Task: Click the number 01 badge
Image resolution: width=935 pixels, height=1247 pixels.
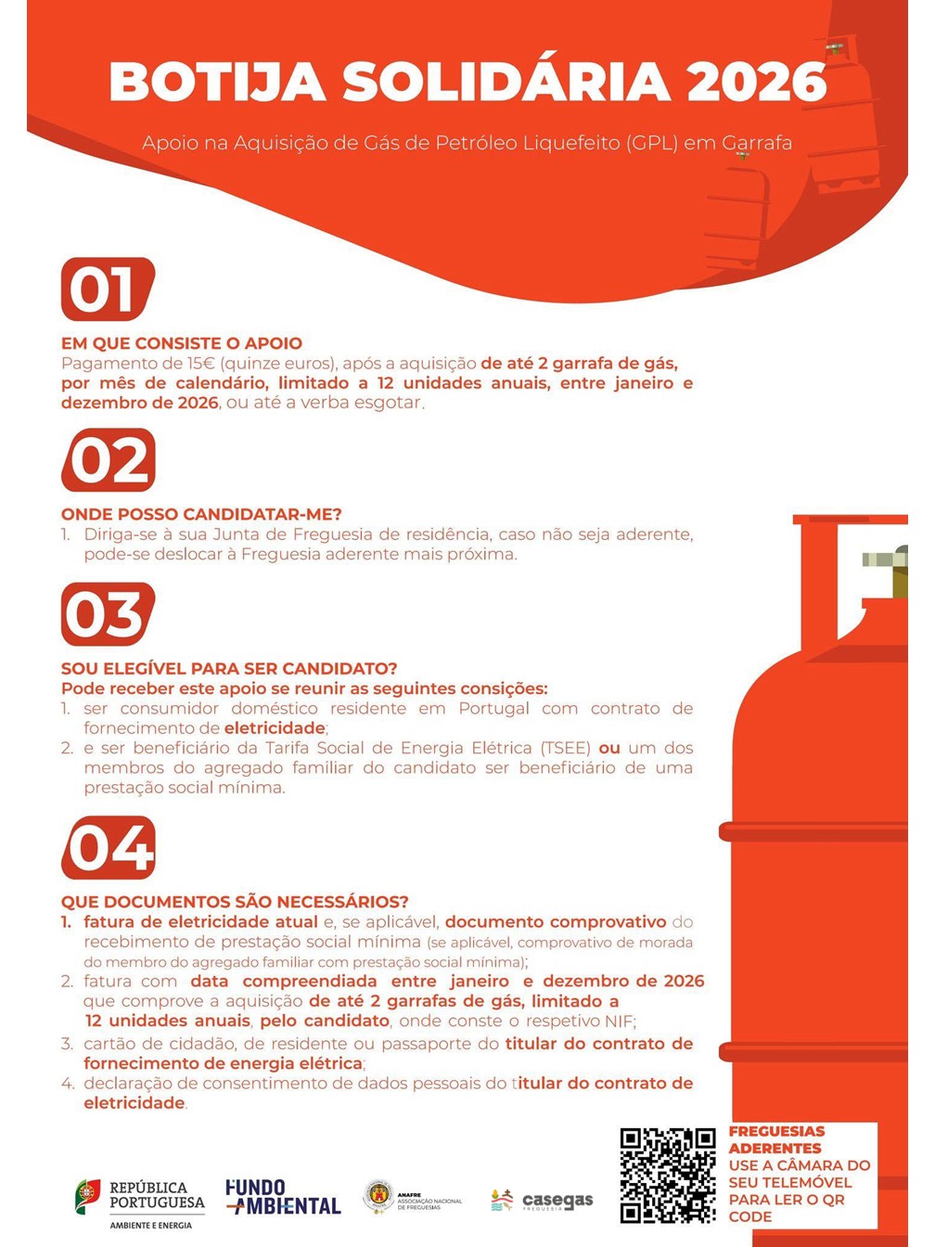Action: point(108,289)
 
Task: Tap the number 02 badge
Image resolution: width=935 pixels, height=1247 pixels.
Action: point(108,459)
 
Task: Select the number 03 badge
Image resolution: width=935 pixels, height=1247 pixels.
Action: point(108,614)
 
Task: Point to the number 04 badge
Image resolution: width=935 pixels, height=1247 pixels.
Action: point(108,848)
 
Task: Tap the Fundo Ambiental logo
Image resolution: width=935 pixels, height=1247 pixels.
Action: point(283,1197)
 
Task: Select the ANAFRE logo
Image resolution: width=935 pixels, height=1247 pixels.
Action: point(412,1197)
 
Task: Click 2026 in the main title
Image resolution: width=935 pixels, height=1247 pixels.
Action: point(756,82)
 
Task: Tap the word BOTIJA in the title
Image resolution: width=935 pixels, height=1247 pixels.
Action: point(217,82)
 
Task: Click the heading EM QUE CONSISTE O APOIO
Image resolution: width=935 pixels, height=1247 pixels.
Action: point(182,343)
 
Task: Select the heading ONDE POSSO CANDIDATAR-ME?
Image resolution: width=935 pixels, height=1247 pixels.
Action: point(201,514)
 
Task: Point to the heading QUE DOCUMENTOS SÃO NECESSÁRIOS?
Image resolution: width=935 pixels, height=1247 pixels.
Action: point(235,902)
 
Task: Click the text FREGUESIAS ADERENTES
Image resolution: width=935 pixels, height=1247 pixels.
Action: point(776,1139)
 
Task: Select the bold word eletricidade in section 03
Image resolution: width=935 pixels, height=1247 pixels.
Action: point(275,727)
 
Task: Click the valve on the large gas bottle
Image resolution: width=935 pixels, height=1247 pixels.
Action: point(885,570)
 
